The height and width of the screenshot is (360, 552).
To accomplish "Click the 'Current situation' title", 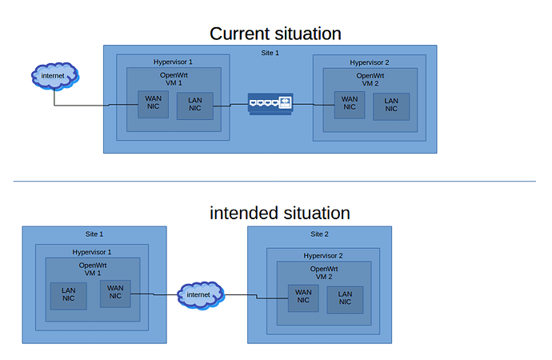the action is coord(275,34).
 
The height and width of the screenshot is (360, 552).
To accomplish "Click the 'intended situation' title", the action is coord(280,213).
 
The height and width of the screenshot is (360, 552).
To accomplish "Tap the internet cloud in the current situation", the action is coord(54,76).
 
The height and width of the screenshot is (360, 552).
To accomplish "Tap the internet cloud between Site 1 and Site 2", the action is coord(200,295).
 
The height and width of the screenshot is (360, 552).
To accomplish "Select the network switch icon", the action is coord(270,103).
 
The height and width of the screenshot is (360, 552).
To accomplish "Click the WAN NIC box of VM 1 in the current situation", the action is coord(153,105).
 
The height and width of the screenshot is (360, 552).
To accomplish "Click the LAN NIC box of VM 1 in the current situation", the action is coord(195,106).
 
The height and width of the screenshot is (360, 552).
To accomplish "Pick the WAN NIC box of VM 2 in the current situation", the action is coord(350,106).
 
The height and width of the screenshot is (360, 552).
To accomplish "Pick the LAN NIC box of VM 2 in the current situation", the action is coord(391,106).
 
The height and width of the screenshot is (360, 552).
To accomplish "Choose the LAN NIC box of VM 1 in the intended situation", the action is coord(68,296).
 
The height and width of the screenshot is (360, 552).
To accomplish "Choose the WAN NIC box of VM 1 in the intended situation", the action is coord(115,294).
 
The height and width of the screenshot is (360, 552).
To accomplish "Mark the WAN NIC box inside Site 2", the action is coord(303,298).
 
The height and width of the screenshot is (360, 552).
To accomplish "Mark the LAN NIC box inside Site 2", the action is coord(345,300).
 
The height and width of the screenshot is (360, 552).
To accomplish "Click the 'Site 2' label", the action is coord(319,234).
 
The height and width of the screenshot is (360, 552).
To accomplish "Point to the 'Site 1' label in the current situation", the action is coord(270,53).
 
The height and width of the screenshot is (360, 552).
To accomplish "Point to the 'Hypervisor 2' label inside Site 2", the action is coord(323,255).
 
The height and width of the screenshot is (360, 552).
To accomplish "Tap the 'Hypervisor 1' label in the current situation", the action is coord(173,62).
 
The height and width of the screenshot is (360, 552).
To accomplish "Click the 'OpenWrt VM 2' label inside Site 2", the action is coord(324,273).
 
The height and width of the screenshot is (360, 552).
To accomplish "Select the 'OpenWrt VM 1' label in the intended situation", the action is coord(93,270).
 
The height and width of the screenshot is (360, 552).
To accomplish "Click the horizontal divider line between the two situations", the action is coord(274,182).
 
